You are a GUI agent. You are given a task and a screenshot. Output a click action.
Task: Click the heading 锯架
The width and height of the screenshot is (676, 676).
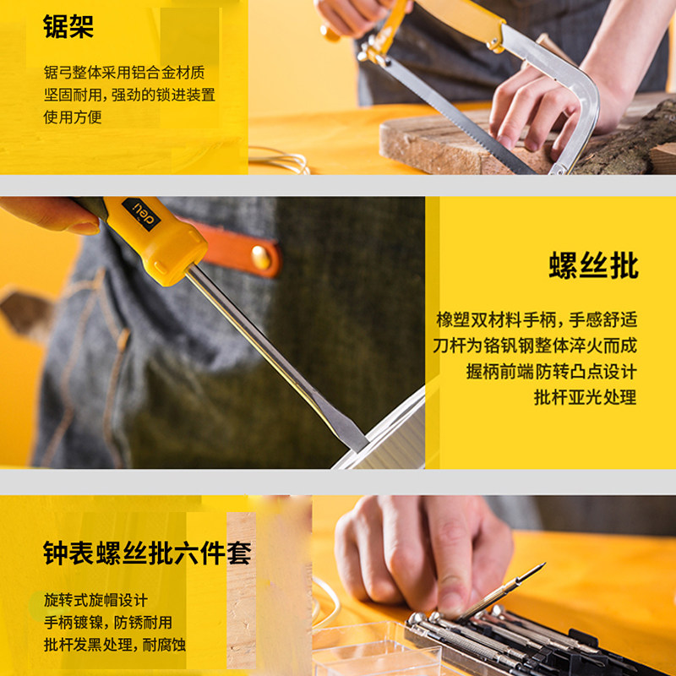(68, 26)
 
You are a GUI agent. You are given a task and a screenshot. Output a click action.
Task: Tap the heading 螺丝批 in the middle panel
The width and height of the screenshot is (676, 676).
(593, 265)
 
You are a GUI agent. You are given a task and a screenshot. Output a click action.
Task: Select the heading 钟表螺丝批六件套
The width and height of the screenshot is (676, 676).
(147, 553)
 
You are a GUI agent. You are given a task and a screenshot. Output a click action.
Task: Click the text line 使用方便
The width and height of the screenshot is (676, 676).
(73, 117)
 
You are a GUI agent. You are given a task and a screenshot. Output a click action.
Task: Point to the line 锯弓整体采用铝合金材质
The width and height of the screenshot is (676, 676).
(124, 73)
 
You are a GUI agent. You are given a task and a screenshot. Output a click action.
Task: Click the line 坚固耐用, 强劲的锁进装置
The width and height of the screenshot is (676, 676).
(129, 95)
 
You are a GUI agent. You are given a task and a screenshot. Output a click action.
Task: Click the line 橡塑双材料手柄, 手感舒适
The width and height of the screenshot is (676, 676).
(537, 320)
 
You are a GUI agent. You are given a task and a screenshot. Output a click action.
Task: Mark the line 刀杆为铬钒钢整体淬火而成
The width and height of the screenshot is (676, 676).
(535, 346)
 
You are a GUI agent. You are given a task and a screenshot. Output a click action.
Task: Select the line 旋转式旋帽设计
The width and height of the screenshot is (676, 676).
(95, 601)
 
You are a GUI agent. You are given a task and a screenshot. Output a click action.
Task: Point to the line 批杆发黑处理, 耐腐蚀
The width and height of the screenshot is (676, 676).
(115, 645)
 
